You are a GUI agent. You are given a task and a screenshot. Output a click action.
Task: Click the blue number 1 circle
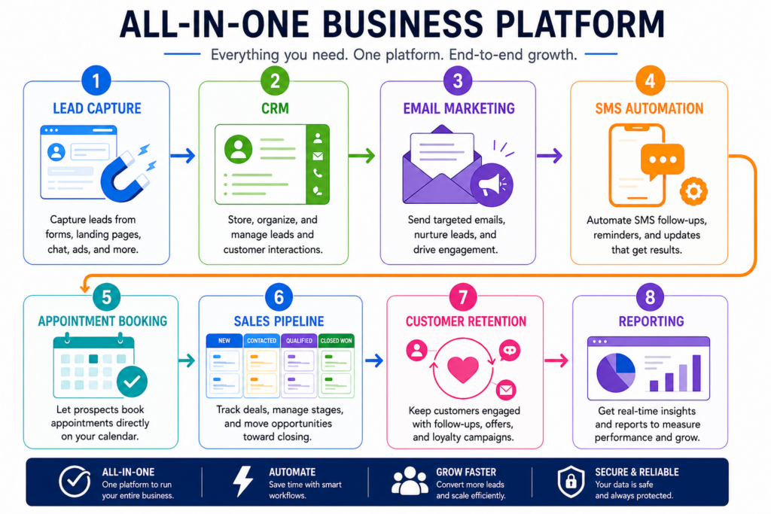tap(96, 80)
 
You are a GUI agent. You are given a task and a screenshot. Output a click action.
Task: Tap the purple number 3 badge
tap(457, 80)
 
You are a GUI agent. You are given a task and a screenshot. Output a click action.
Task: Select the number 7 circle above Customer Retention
tap(463, 297)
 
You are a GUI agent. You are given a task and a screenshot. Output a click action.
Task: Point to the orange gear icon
tap(693, 190)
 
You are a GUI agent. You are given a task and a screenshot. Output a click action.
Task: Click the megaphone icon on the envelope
tap(491, 185)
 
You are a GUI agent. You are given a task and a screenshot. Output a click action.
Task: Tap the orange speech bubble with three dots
tap(663, 161)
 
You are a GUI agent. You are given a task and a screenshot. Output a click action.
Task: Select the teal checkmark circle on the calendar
tap(132, 382)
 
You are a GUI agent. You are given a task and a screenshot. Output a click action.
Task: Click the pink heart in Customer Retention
tap(463, 369)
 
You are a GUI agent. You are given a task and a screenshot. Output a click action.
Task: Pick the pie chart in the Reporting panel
tap(616, 373)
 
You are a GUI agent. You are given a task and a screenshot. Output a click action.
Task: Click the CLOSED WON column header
tap(337, 341)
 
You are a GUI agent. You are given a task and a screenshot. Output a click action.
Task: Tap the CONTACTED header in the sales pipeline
tap(261, 341)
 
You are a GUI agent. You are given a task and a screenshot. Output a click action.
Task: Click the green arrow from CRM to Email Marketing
tap(362, 156)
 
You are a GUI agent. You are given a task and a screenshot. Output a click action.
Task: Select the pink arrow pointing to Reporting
tap(556, 360)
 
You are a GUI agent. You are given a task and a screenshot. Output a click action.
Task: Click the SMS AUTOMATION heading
tap(649, 108)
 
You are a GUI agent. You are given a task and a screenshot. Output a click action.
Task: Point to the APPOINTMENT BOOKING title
tap(102, 321)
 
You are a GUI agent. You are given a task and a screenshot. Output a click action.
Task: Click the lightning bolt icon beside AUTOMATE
tap(243, 482)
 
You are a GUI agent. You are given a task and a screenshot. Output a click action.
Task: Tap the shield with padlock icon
tap(571, 482)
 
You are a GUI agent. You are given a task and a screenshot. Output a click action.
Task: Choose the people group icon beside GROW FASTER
tap(410, 481)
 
